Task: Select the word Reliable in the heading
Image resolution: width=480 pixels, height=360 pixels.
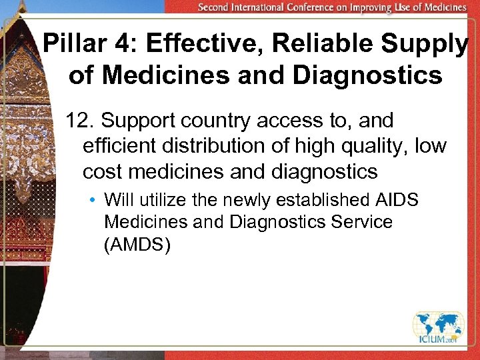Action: pos(311,45)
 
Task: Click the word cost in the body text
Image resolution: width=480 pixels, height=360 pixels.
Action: pos(103,172)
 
